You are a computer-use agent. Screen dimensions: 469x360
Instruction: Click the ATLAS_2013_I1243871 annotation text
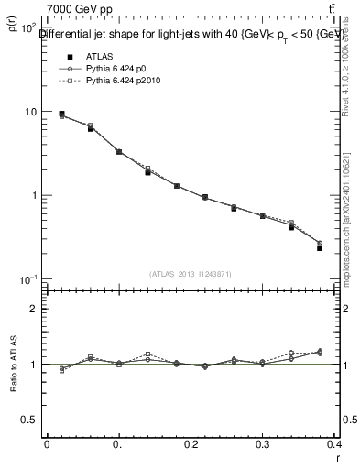click(x=189, y=274)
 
